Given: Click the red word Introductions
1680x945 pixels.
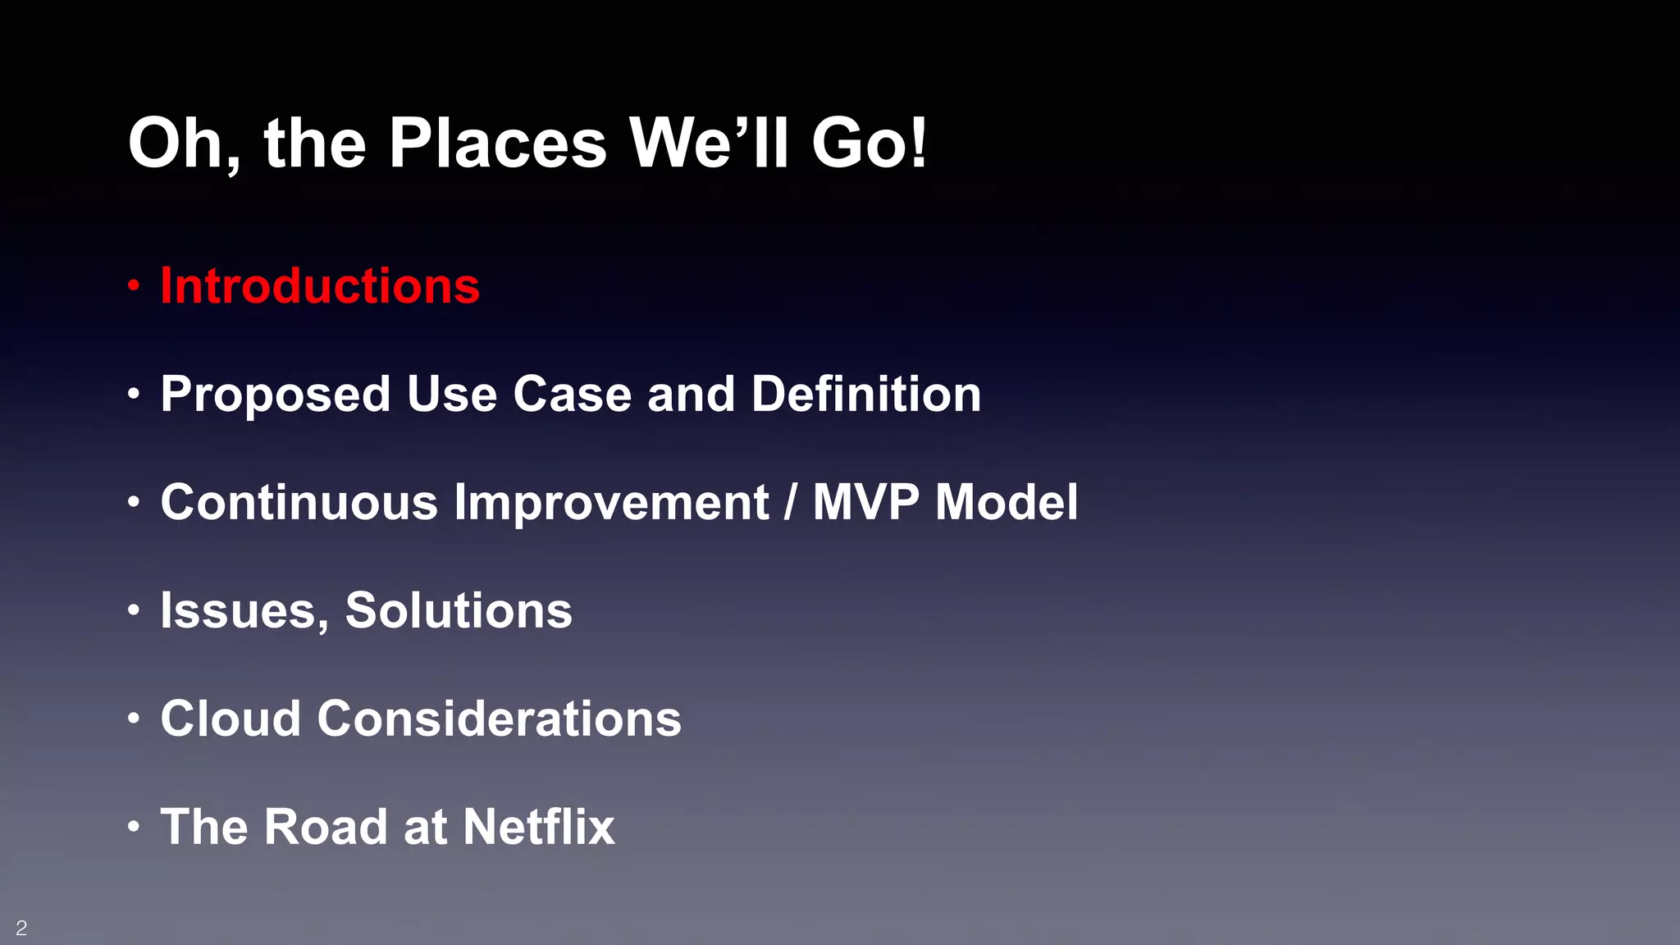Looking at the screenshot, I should pyautogui.click(x=320, y=286).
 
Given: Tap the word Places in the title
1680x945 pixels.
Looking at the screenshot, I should pyautogui.click(x=497, y=144).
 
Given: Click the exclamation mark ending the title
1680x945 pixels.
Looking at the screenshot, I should pyautogui.click(x=919, y=142).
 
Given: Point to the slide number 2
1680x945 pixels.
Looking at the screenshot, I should pyautogui.click(x=21, y=928).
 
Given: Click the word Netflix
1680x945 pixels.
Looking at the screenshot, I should pyautogui.click(x=538, y=827).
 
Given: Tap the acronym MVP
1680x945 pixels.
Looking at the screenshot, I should pyautogui.click(x=865, y=502).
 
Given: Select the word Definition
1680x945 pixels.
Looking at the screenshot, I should pyautogui.click(x=866, y=395).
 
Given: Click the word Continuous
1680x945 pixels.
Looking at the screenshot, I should pyautogui.click(x=299, y=502).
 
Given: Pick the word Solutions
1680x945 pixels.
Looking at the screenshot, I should pyautogui.click(x=459, y=610).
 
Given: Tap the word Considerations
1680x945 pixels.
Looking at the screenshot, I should pyautogui.click(x=500, y=719).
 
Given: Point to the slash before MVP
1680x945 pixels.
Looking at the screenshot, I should pyautogui.click(x=791, y=502).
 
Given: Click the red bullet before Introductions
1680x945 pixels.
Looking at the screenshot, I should pyautogui.click(x=134, y=286).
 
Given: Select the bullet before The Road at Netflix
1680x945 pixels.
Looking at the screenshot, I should pyautogui.click(x=134, y=827).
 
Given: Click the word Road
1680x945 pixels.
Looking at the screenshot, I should pyautogui.click(x=326, y=827).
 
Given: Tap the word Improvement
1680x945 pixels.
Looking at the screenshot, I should pyautogui.click(x=611, y=502).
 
